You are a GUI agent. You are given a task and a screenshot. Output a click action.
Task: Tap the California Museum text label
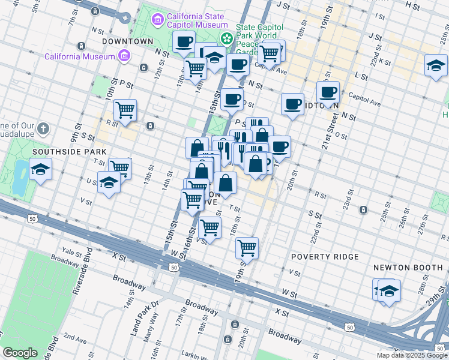(79, 56)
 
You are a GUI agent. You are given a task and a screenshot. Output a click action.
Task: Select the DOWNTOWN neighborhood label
(128, 41)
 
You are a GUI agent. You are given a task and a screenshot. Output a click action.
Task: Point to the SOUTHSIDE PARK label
(61, 152)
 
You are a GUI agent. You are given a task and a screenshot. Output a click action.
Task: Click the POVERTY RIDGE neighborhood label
(325, 257)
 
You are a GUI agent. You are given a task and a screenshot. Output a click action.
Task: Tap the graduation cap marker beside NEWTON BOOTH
(388, 292)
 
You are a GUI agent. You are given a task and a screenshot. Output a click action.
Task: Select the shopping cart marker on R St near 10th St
(125, 110)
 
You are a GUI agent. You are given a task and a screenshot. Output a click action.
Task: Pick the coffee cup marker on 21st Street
(328, 92)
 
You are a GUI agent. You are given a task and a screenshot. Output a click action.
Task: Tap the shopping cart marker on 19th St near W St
(247, 247)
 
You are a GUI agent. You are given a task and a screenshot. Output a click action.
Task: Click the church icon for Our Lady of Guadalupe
(43, 128)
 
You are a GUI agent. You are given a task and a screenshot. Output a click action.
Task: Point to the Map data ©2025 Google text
(412, 355)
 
